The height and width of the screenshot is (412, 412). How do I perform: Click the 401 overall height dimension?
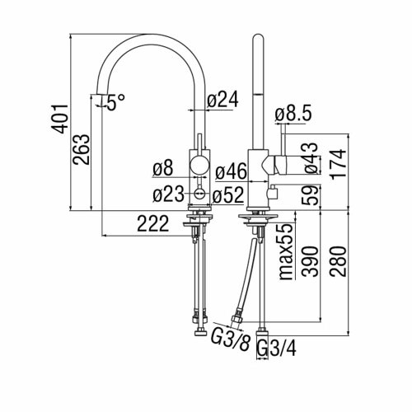[59, 119]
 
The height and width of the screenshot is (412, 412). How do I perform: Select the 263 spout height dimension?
[81, 149]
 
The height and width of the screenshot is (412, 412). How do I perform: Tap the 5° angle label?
[115, 102]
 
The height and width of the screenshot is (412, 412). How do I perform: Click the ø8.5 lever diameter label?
[293, 113]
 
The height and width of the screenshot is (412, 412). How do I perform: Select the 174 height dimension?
[339, 165]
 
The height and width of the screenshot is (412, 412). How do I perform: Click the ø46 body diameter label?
[231, 171]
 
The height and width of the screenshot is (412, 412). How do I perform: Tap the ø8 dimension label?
[163, 168]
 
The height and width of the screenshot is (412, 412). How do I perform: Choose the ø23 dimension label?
[168, 194]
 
